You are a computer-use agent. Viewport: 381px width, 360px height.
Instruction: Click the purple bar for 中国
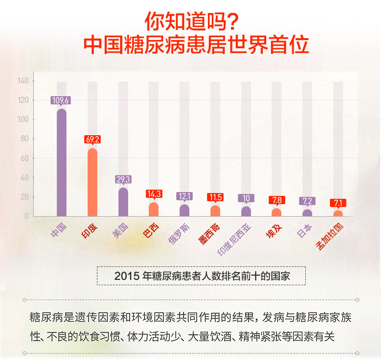61,162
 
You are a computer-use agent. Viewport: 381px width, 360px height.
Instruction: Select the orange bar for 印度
92,182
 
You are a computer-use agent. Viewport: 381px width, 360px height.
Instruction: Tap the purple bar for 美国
123,202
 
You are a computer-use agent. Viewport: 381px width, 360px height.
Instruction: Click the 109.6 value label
61,100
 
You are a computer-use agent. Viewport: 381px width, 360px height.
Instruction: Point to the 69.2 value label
92,139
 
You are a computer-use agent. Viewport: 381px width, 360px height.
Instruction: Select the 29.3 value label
123,179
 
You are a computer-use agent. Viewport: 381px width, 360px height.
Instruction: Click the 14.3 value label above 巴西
154,194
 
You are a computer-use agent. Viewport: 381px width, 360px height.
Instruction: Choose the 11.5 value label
215,197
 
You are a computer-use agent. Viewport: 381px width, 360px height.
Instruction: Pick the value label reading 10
246,198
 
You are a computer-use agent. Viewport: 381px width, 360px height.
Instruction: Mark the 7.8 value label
277,200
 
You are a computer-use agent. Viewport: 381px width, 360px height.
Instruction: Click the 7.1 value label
338,203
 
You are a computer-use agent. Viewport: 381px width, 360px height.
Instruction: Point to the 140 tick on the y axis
24,81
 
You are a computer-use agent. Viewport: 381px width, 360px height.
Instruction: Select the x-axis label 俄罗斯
179,234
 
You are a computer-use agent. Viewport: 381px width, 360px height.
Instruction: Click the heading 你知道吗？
191,21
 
